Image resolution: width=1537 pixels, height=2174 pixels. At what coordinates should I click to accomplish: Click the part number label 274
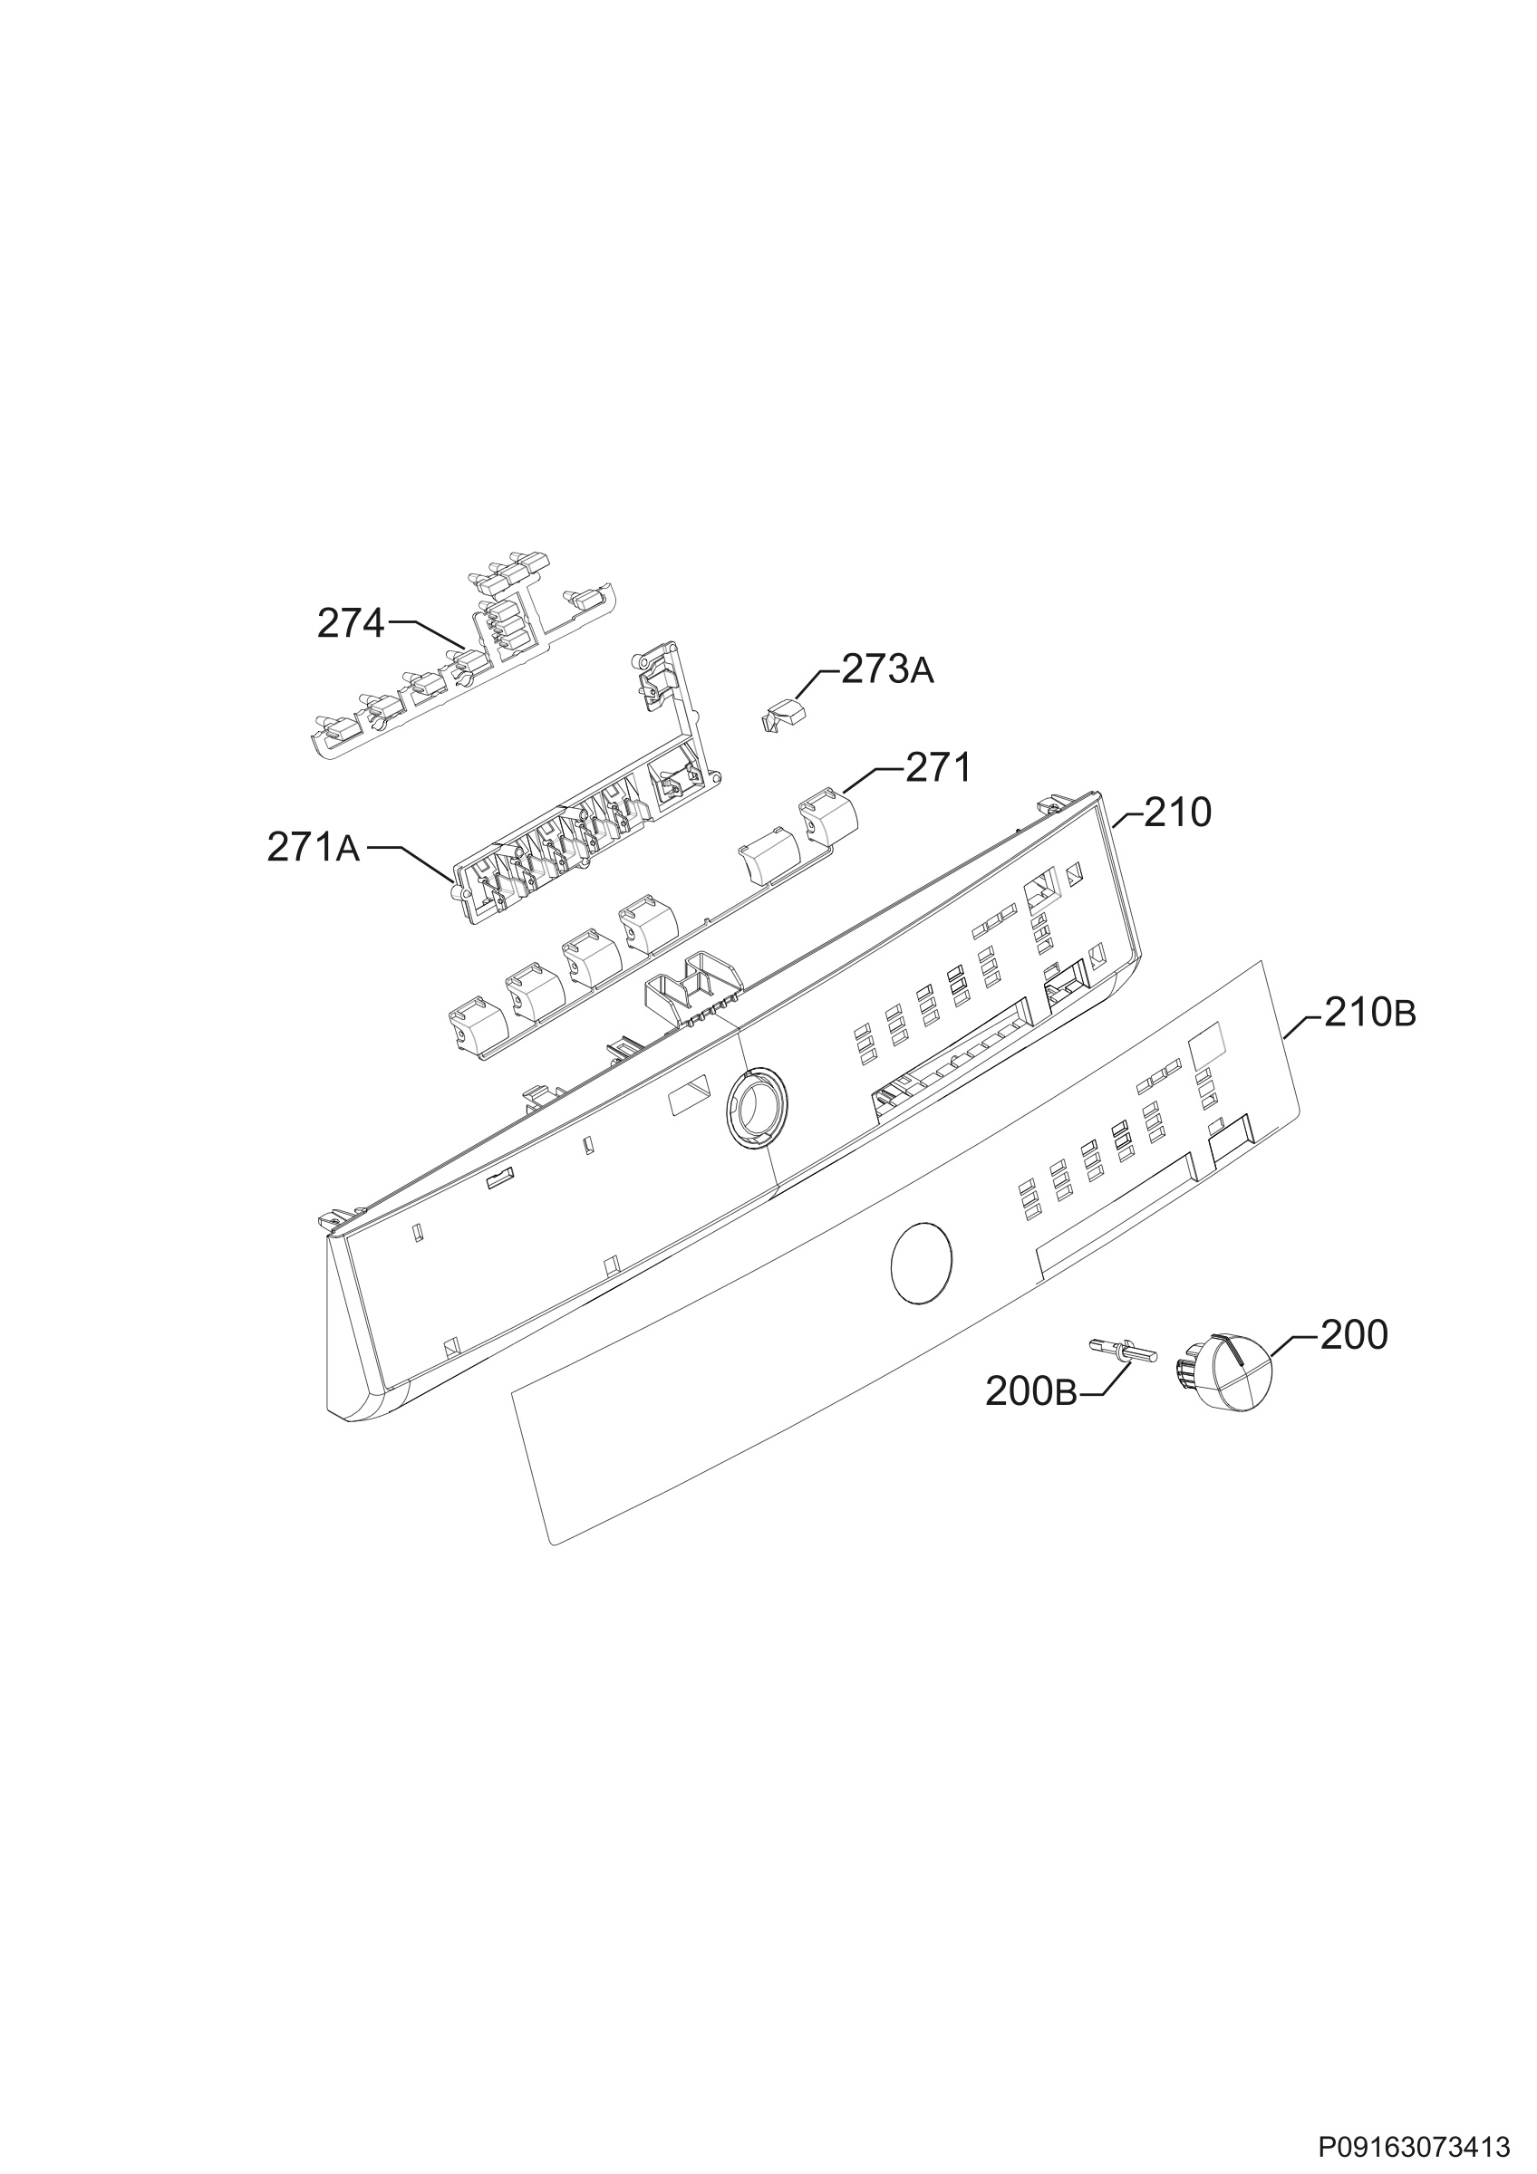351,624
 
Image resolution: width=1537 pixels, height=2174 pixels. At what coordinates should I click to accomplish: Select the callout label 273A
887,669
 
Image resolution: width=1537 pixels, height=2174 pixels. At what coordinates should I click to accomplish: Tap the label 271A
314,849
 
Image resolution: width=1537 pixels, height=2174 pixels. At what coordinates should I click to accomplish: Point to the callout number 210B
1370,1015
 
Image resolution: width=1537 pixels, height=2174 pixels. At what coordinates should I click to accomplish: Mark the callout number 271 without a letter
939,768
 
